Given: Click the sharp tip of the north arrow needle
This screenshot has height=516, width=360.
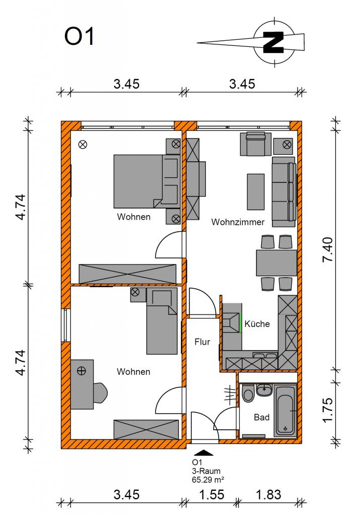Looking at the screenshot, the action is (197, 43).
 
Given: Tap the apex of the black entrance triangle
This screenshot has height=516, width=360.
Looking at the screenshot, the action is (204, 449).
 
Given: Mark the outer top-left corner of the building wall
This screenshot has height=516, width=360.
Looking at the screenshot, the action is (61, 121).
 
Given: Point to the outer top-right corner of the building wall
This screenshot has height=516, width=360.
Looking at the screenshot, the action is (302, 121).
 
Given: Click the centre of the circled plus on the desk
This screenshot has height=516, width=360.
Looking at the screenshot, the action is (81, 371).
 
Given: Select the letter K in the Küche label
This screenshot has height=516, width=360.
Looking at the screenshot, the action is (247, 324).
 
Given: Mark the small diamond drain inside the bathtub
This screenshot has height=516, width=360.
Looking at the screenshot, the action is (285, 428).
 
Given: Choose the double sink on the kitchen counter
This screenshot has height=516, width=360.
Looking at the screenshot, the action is (265, 355).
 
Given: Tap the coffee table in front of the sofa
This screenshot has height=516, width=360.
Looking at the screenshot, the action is (256, 192).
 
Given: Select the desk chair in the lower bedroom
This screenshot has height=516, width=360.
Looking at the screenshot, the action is (100, 393).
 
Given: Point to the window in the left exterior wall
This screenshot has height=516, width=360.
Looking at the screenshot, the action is (66, 325).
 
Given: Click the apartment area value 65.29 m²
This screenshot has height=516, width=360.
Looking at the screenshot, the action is (208, 480).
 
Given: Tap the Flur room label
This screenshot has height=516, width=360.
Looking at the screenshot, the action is (202, 342).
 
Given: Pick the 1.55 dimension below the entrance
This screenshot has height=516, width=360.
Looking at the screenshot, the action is (212, 495).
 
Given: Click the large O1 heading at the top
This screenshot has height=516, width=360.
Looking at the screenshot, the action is (80, 36).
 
